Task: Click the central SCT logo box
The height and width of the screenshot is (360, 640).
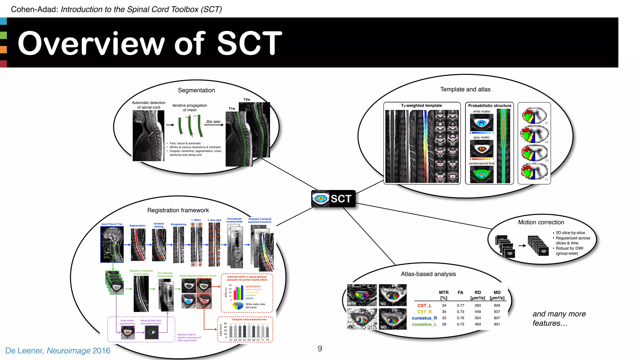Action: (333, 199)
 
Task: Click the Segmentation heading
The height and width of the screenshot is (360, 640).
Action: (196, 90)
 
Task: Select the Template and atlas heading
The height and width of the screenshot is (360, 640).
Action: (465, 89)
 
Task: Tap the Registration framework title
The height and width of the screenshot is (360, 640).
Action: (178, 210)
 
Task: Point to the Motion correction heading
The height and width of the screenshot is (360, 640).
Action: (541, 222)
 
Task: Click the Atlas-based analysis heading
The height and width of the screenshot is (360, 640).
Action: (428, 274)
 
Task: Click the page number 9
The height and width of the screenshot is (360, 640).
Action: (320, 349)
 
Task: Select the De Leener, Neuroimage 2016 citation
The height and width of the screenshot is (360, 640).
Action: (58, 351)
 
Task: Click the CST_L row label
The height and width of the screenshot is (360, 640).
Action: (424, 306)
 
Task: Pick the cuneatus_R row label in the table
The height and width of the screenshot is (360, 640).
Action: (424, 318)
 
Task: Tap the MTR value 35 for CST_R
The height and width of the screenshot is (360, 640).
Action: (444, 312)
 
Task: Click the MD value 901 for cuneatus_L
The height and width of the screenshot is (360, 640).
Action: (497, 324)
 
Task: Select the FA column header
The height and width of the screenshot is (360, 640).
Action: (460, 292)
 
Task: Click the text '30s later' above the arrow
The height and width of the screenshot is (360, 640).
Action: (213, 122)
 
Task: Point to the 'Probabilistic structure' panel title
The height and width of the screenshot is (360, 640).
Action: (489, 106)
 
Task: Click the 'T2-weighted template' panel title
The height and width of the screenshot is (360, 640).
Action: (421, 106)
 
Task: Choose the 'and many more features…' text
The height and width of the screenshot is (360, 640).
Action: (559, 318)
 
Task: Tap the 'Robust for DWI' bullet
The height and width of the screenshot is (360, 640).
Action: (569, 248)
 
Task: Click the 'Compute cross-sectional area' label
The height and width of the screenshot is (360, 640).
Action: (249, 319)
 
